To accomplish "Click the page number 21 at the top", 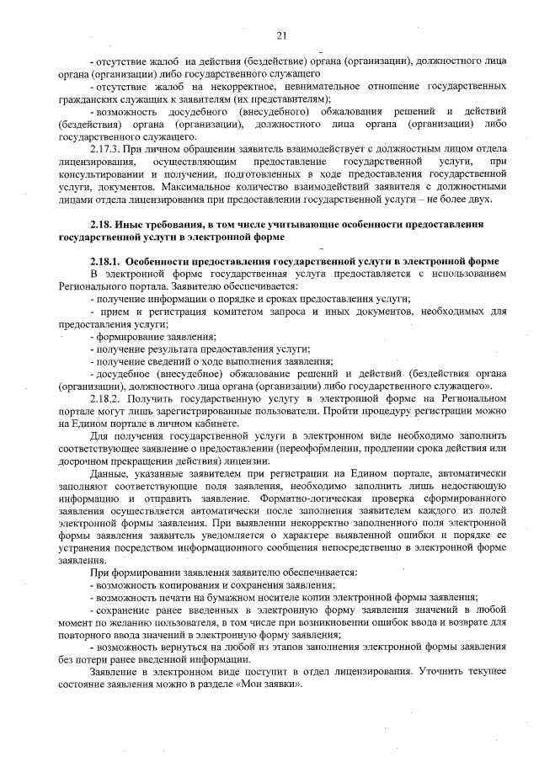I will click(281, 35).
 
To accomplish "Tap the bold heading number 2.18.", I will click(104, 226).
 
